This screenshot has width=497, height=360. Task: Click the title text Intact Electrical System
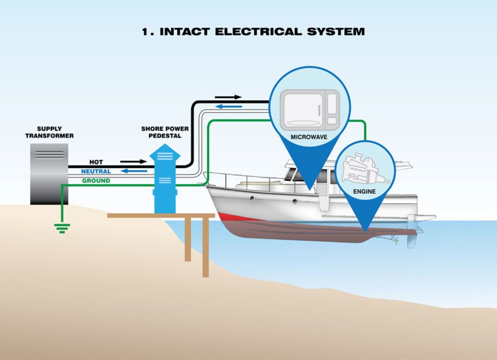tap(253, 31)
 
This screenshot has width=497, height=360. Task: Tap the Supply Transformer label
tap(49, 132)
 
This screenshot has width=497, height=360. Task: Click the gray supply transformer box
tap(49, 174)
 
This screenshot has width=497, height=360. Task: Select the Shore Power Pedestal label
tap(165, 132)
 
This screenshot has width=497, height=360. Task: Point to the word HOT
tap(96, 162)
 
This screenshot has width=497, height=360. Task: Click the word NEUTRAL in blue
tap(96, 171)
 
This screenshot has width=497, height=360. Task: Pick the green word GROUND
tap(96, 181)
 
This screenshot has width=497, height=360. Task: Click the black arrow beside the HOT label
tap(133, 162)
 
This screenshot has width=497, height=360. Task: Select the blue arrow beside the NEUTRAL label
tap(134, 171)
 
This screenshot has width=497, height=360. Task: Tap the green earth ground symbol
tap(62, 227)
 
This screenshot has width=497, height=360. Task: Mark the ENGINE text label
tap(364, 191)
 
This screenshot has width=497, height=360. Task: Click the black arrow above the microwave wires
tap(228, 97)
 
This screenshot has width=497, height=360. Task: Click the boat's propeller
tap(397, 240)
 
